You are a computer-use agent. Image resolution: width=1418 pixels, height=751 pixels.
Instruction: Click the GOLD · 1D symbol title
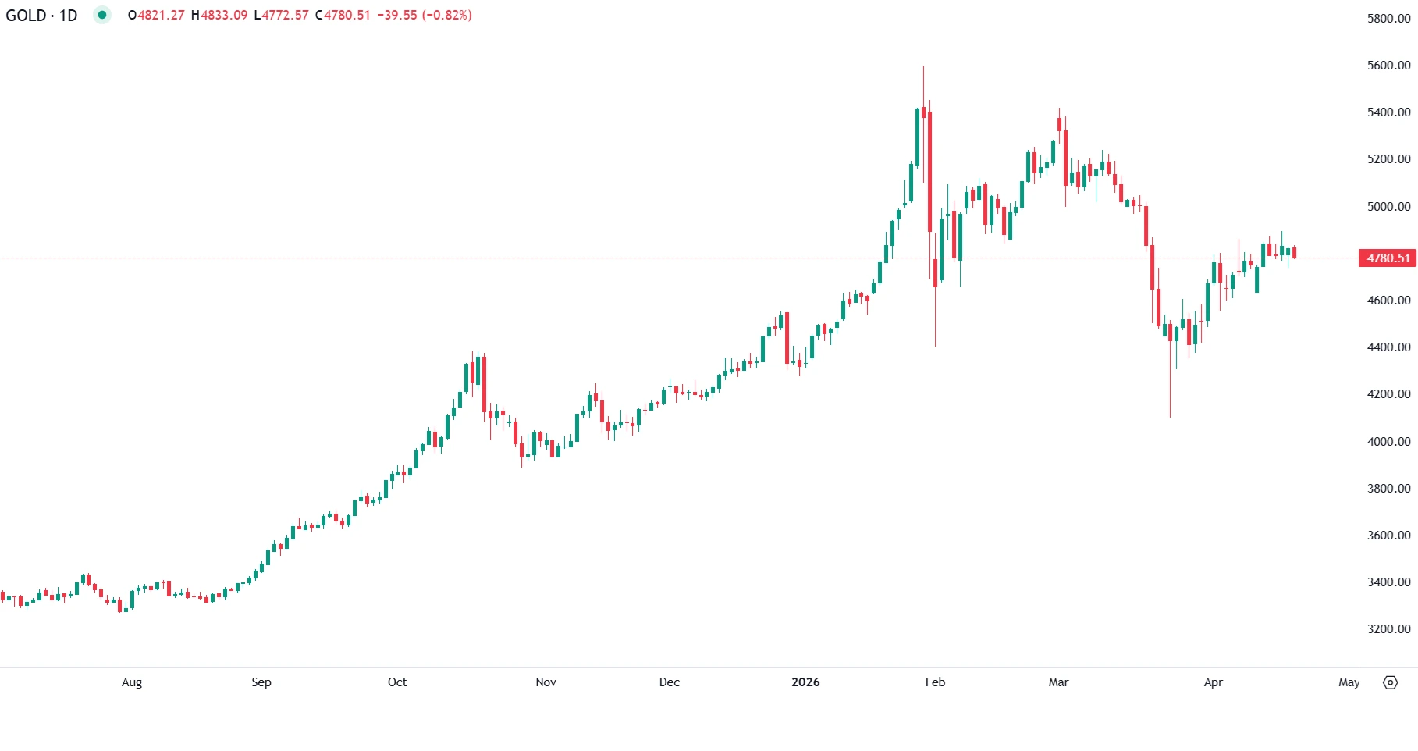click(x=41, y=16)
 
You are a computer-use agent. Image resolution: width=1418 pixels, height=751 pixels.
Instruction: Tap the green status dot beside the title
click(x=101, y=15)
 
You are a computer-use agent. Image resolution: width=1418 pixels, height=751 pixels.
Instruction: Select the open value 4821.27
click(x=161, y=16)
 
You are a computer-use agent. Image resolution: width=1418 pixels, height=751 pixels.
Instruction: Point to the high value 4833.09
click(x=224, y=16)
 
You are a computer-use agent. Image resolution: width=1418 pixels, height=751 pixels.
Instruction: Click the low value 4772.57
click(x=286, y=16)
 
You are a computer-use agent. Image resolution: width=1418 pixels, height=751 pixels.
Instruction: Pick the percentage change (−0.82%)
click(x=447, y=16)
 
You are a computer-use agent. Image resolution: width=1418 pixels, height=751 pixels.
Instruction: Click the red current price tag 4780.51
click(x=1388, y=258)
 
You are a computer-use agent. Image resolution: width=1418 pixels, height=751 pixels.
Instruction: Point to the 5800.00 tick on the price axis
click(x=1388, y=19)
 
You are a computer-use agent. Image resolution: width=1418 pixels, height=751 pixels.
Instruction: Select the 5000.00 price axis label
click(x=1388, y=207)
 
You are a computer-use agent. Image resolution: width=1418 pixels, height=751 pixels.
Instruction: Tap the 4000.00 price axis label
click(x=1388, y=442)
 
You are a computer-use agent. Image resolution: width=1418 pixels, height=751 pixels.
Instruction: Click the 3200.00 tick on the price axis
click(x=1388, y=629)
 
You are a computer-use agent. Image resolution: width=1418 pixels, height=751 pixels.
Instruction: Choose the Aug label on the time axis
click(x=132, y=682)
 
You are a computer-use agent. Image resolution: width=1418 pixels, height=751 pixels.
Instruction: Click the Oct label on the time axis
click(x=397, y=682)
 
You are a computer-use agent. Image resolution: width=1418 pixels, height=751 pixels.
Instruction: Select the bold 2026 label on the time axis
click(x=805, y=682)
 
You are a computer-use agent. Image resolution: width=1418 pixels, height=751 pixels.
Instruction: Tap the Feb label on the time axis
click(x=935, y=682)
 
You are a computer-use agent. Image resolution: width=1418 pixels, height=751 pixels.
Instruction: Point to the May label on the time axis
click(x=1349, y=682)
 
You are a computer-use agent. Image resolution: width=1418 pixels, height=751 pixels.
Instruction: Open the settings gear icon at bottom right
click(x=1390, y=682)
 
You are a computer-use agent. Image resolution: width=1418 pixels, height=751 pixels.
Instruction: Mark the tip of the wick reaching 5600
click(x=923, y=66)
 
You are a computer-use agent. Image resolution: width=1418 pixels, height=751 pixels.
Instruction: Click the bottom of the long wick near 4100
click(x=1170, y=416)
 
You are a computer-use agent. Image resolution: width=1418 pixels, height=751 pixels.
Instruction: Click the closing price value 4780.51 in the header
click(x=347, y=16)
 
